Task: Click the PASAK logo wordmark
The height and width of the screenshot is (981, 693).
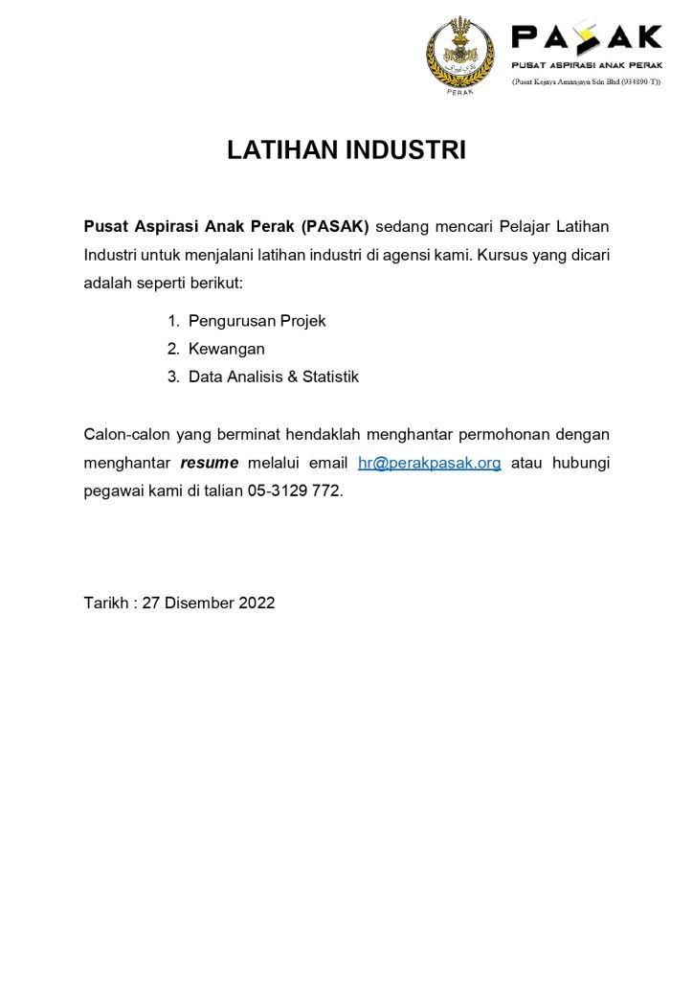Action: click(x=586, y=37)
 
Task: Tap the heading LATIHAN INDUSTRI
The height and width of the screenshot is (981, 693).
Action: click(x=346, y=150)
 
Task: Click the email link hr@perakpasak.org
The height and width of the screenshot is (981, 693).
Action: click(x=429, y=463)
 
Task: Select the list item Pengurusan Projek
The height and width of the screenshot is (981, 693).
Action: click(x=257, y=321)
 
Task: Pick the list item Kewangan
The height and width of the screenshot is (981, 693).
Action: click(x=226, y=349)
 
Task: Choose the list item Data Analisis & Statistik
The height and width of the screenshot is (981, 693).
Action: click(x=273, y=376)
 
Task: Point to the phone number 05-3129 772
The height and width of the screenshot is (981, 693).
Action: click(x=294, y=490)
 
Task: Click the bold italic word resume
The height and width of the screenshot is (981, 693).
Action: click(x=209, y=463)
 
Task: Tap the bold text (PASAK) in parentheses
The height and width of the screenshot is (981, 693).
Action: click(x=334, y=227)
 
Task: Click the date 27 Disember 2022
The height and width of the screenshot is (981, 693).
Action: click(x=209, y=603)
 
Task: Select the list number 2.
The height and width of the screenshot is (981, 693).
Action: click(x=173, y=349)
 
